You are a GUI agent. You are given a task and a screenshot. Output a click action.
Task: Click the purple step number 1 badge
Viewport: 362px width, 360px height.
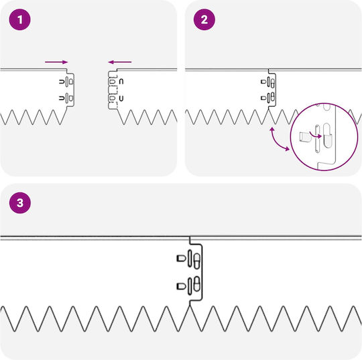[20, 19]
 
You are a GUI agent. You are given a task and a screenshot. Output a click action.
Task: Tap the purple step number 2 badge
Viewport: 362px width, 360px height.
[204, 19]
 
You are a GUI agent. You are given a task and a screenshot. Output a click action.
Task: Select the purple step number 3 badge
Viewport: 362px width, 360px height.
[20, 203]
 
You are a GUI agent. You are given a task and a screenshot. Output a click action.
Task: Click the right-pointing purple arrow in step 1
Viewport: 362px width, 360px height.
[56, 62]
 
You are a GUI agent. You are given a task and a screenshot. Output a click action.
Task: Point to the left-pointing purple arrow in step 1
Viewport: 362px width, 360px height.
[119, 62]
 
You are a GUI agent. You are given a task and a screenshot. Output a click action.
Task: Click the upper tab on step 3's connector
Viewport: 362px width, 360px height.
[181, 258]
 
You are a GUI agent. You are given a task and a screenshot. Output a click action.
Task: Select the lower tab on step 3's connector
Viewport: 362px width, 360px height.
[181, 286]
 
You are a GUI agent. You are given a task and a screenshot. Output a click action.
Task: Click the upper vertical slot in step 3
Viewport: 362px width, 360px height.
[190, 258]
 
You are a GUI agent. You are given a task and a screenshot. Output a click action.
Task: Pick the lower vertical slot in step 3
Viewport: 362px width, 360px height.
[190, 286]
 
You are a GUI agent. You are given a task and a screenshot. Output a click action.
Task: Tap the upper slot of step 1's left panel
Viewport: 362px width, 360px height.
[67, 82]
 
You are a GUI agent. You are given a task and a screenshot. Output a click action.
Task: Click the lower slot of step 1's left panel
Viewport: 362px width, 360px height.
[67, 99]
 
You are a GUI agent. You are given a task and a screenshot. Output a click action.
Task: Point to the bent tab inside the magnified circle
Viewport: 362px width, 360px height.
[304, 137]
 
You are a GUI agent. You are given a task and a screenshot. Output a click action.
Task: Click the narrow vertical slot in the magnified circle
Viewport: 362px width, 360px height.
[317, 139]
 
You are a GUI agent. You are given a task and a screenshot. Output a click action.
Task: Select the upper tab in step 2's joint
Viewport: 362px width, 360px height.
[263, 82]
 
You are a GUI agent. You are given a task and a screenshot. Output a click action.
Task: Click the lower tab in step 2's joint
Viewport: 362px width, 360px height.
[263, 98]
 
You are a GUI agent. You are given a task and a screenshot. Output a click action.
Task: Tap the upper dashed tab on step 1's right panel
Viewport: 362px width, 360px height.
[112, 82]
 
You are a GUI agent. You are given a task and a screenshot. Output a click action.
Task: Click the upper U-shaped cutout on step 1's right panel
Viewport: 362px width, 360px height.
[121, 82]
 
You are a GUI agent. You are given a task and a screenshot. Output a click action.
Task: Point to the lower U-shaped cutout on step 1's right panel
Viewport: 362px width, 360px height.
[121, 99]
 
